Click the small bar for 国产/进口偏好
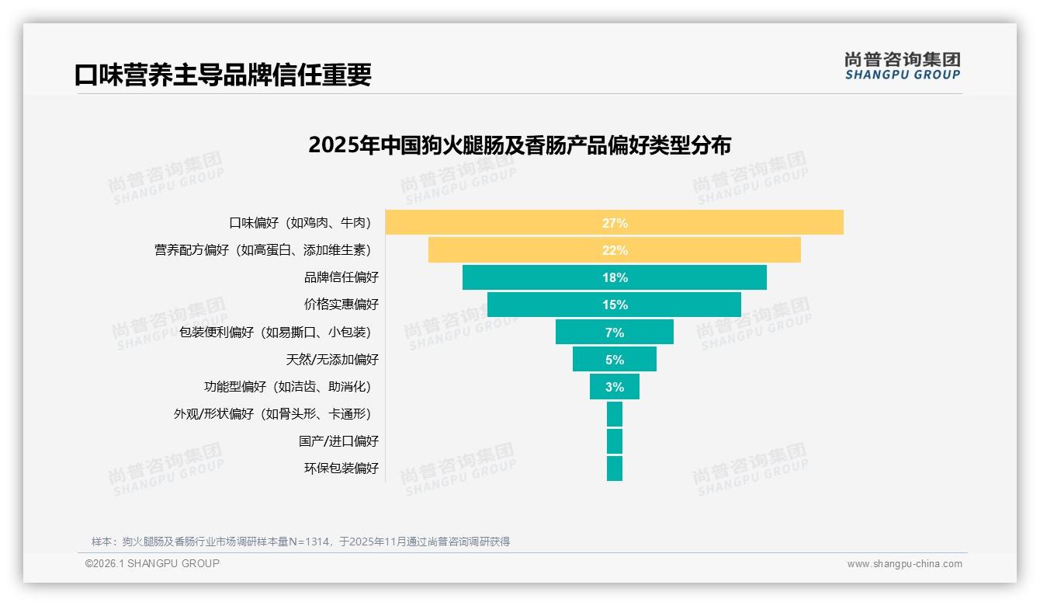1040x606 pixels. (615, 441)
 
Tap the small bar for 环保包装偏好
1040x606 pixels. (615, 468)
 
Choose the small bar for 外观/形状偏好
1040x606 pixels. (615, 414)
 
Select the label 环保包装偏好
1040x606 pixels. (341, 468)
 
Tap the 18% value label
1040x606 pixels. (615, 277)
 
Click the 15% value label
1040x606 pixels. (615, 305)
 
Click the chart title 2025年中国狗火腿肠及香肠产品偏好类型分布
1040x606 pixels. (519, 145)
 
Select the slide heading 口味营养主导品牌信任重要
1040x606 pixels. (223, 75)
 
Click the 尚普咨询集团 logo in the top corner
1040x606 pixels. (902, 66)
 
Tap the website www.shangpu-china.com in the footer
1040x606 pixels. (904, 564)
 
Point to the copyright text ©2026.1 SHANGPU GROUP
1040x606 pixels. (152, 563)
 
